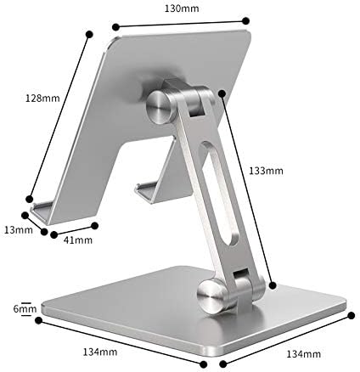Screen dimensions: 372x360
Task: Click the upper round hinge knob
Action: (x=159, y=108)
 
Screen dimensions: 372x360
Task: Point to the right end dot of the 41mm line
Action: (x=94, y=226)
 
